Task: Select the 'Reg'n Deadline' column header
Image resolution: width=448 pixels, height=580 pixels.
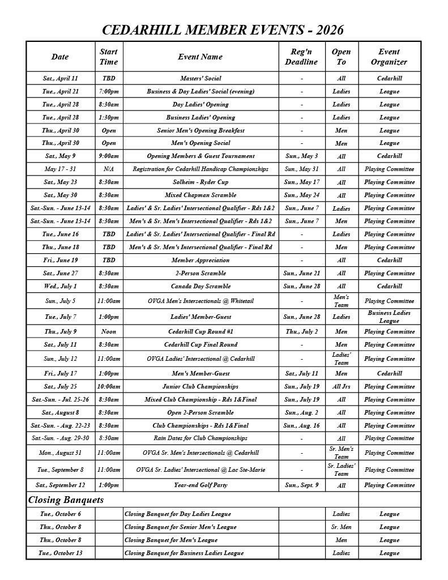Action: tap(301, 57)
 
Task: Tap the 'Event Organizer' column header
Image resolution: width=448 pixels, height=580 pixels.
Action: tap(389, 57)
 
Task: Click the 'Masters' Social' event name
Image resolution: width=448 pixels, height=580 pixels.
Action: tap(200, 78)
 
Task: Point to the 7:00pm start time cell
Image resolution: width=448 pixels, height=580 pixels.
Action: tap(109, 91)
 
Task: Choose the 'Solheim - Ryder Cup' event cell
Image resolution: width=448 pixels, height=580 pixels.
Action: tap(200, 182)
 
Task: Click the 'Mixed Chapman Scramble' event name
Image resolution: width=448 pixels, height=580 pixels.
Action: tap(200, 195)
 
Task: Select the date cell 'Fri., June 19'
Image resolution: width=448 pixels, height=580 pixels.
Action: tap(60, 260)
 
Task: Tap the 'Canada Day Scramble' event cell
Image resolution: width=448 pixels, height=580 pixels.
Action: tap(200, 286)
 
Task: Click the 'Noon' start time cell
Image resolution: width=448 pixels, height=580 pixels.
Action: tap(109, 331)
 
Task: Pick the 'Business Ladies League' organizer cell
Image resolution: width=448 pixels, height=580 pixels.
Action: tap(389, 317)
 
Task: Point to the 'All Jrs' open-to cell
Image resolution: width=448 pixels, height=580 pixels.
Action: tap(341, 386)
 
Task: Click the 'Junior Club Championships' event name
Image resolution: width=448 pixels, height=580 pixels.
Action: tap(200, 386)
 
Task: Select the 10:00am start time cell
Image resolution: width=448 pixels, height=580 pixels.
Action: tap(109, 386)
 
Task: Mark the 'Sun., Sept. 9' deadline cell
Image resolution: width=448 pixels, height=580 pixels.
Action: tap(301, 485)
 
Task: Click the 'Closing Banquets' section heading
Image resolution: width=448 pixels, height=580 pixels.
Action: tap(66, 500)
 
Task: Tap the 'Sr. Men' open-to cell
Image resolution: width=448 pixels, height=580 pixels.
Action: tap(341, 527)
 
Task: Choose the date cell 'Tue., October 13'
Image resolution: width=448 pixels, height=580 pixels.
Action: tap(60, 553)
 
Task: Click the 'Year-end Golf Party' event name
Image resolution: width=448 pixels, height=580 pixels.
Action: tap(200, 485)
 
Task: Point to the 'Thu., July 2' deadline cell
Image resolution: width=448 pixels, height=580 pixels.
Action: tap(301, 331)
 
